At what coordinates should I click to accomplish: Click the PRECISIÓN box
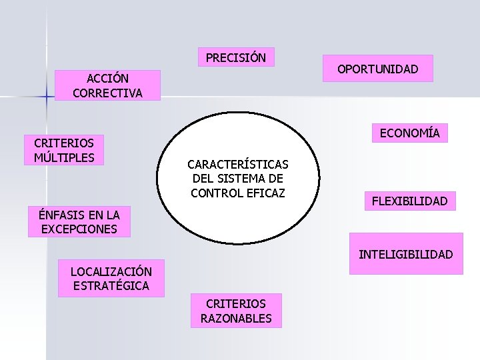[236, 58]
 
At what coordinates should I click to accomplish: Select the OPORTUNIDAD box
[377, 69]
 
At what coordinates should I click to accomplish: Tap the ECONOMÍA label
[410, 133]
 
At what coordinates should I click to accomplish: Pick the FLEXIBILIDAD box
[409, 201]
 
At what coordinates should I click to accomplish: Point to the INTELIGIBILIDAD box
[406, 254]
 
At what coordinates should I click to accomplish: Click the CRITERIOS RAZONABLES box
[236, 311]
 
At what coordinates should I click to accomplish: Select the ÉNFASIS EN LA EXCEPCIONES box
[79, 222]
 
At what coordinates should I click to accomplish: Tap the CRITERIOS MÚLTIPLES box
[64, 150]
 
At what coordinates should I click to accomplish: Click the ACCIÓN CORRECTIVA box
[107, 85]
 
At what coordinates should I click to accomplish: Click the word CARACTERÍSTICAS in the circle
[238, 164]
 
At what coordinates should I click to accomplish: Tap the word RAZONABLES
[236, 318]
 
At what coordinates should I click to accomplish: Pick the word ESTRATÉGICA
[111, 286]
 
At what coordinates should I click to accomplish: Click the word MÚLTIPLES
[64, 157]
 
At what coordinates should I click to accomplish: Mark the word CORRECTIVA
[107, 93]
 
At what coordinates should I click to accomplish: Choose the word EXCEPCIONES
[79, 229]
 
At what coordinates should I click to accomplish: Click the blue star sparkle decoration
[47, 97]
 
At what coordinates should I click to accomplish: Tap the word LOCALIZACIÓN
[111, 271]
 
